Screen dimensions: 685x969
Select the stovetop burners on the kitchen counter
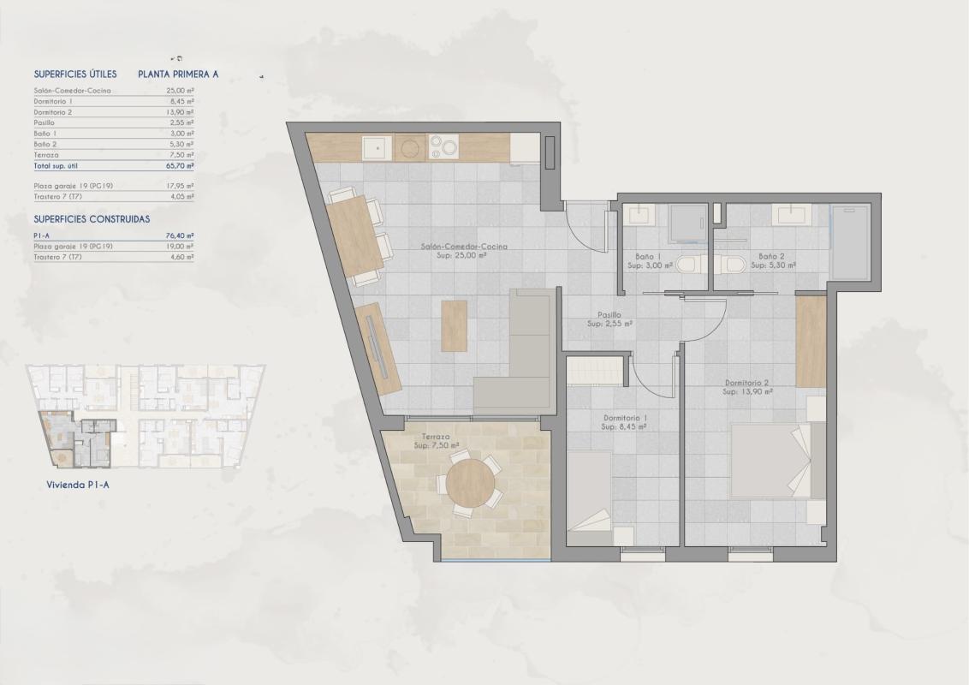tap(443, 148)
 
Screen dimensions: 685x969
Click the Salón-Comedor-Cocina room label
tap(464, 250)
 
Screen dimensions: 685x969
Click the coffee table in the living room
tap(455, 325)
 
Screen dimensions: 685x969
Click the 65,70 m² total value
tap(180, 166)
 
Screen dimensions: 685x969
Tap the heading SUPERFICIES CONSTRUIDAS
tap(92, 219)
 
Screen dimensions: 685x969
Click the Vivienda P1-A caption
tap(78, 484)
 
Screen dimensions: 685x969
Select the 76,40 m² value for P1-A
tap(180, 235)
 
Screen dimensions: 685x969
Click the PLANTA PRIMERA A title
tap(178, 74)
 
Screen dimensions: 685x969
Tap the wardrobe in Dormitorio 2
tap(811, 340)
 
